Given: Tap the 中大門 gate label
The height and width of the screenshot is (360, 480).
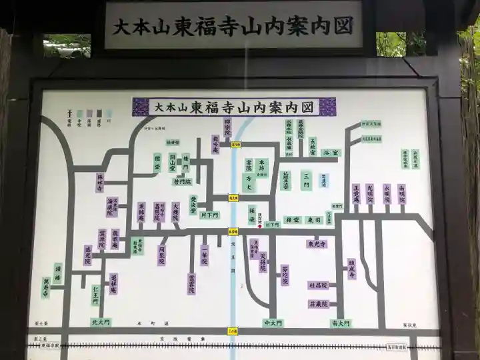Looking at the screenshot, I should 273,323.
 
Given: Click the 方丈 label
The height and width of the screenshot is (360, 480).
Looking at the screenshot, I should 249,179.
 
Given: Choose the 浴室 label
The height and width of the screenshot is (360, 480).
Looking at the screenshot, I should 330,153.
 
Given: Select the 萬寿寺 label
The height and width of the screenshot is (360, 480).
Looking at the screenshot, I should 46,288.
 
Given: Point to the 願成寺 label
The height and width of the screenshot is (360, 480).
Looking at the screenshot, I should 351,269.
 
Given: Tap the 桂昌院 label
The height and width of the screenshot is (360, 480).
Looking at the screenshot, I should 318,285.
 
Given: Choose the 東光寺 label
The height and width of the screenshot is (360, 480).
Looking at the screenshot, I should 317,244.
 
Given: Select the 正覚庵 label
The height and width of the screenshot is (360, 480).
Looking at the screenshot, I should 356,196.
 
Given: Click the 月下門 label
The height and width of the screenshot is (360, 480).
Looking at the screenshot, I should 209,215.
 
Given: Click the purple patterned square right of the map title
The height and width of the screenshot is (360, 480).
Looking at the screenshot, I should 327,107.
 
